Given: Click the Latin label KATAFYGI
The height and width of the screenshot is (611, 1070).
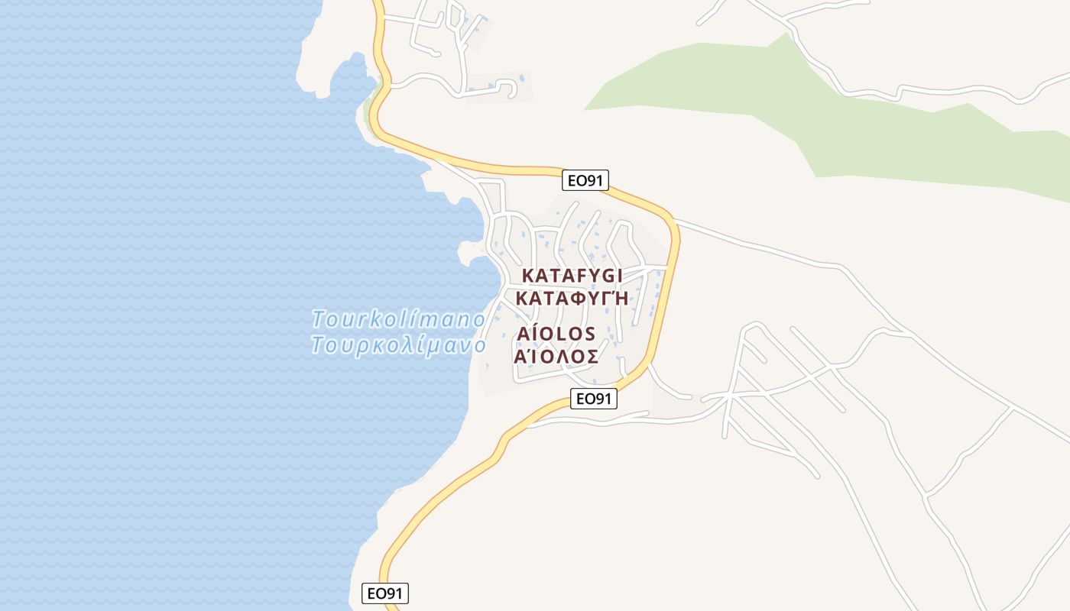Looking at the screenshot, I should (572, 275).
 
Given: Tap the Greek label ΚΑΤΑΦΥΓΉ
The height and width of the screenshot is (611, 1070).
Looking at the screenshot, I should (572, 298).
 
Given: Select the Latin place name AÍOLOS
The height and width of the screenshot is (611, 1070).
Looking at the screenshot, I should (556, 335).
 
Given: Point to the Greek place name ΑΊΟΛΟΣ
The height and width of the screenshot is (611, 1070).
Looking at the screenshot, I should (556, 357).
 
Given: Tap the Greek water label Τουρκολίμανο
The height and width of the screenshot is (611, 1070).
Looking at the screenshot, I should (398, 345).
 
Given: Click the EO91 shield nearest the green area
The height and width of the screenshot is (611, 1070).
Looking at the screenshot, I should (585, 180).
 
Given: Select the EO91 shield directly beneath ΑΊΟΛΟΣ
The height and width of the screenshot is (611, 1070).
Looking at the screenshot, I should (594, 398).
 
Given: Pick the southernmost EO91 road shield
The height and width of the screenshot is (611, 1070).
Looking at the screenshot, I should (385, 593).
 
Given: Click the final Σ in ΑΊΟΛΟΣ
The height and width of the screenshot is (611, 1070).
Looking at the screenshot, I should (590, 357).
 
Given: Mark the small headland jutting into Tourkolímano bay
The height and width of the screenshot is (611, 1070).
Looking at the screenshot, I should (468, 251).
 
